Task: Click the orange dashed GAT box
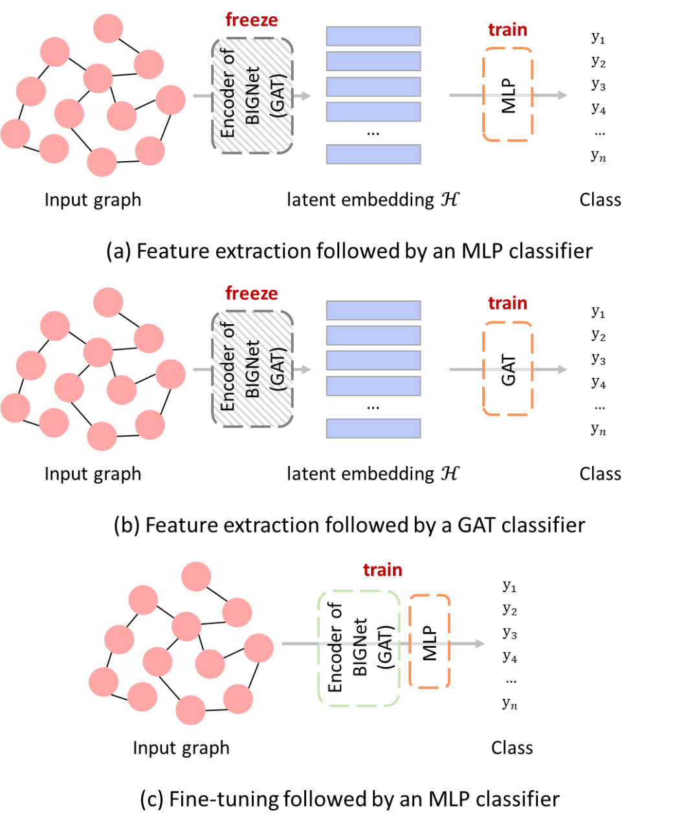coord(508,369)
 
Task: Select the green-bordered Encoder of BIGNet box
coord(359,648)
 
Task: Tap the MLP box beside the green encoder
coord(430,641)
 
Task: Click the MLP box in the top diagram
coord(508,94)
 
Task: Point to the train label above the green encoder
coord(383,570)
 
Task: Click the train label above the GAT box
coord(507,303)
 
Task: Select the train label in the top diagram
coord(507,30)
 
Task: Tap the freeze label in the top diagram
coord(252,20)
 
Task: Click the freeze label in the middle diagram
coord(252,293)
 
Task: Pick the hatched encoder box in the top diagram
coord(252,95)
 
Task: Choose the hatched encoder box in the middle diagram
coord(252,369)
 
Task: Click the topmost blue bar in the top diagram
coord(373,36)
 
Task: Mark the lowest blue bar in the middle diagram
coord(373,428)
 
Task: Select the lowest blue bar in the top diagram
coord(373,154)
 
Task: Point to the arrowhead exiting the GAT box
coord(562,369)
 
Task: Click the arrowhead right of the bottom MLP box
coord(480,644)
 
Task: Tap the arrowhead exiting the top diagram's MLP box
coord(562,95)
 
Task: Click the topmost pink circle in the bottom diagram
coord(196,577)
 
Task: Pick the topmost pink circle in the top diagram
coord(108,28)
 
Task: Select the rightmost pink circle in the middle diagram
coord(170,374)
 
